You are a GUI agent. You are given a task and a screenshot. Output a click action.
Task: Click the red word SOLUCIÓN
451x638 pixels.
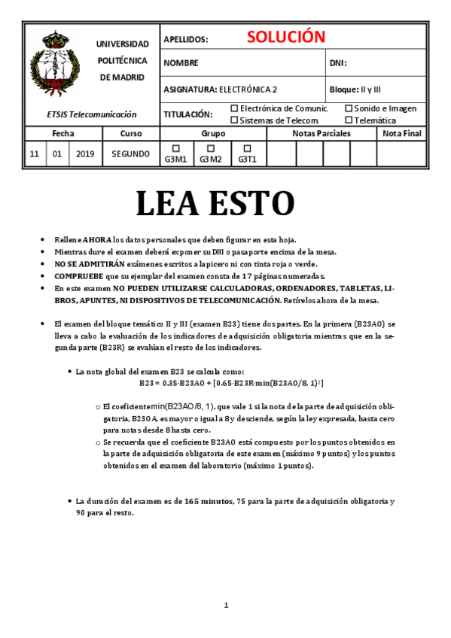[x=285, y=38]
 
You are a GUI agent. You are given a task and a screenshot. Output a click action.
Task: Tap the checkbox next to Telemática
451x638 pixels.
[x=349, y=120]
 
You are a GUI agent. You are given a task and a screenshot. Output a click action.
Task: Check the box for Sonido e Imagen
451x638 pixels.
[x=349, y=108]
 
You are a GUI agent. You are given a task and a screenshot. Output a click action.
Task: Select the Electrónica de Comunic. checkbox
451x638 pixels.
[x=234, y=108]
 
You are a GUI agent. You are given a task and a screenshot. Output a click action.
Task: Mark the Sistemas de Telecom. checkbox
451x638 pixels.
[x=234, y=120]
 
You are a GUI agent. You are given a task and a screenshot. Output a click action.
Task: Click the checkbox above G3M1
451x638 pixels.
[x=176, y=148]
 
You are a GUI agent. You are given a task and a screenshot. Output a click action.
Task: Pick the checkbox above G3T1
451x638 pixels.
[x=247, y=148]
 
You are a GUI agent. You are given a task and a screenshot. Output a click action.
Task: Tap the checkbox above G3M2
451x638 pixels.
[x=211, y=148]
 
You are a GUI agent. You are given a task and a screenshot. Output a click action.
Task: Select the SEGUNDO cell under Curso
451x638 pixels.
[x=131, y=154]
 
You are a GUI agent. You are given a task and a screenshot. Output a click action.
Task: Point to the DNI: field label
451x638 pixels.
[x=338, y=63]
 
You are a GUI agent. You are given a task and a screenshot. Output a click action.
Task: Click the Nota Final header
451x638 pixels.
[x=402, y=133]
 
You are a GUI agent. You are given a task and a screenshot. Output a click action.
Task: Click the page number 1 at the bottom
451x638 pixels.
[x=226, y=606]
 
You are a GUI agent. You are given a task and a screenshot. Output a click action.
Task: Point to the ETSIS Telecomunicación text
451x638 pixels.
[x=91, y=114]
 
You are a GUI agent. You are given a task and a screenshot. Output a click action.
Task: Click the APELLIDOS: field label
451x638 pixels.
[x=185, y=39]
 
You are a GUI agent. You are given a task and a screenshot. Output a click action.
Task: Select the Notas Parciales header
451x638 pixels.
[x=321, y=133]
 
